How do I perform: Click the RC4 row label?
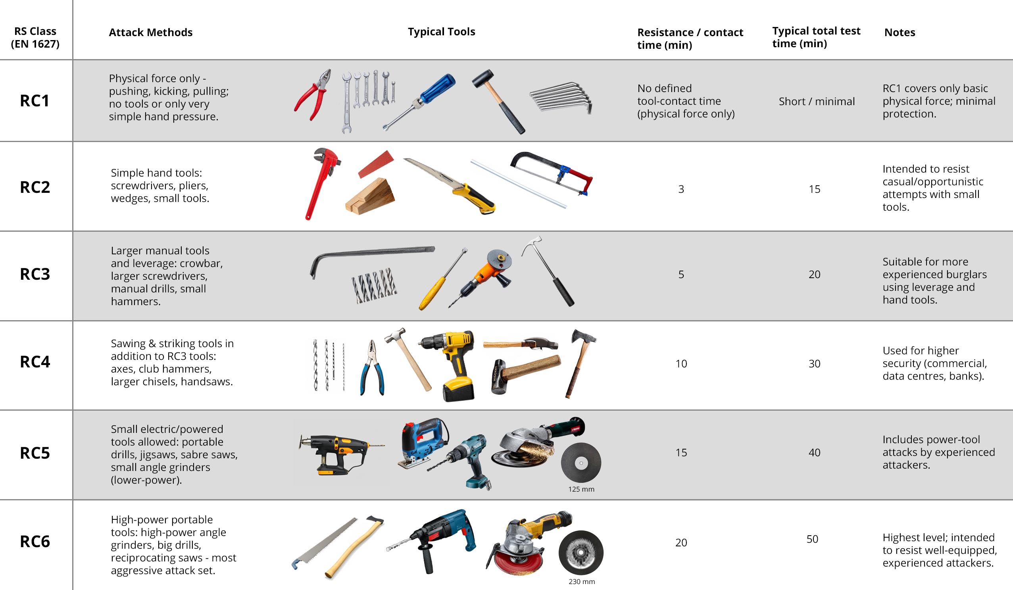pos(35,362)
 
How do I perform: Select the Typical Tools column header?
pos(441,32)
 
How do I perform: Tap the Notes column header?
pos(900,32)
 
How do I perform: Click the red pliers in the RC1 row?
pos(313,95)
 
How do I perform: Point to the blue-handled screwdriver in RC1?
pos(419,102)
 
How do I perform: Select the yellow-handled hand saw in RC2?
pos(450,185)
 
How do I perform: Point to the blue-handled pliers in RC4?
pos(372,368)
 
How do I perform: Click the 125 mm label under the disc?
pos(581,489)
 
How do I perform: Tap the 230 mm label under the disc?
pos(582,582)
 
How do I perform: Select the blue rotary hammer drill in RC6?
pos(432,540)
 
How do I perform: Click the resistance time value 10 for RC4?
pos(681,364)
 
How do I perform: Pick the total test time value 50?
pos(812,539)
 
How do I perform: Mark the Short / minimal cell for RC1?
pos(817,101)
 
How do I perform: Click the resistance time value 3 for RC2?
pos(681,189)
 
